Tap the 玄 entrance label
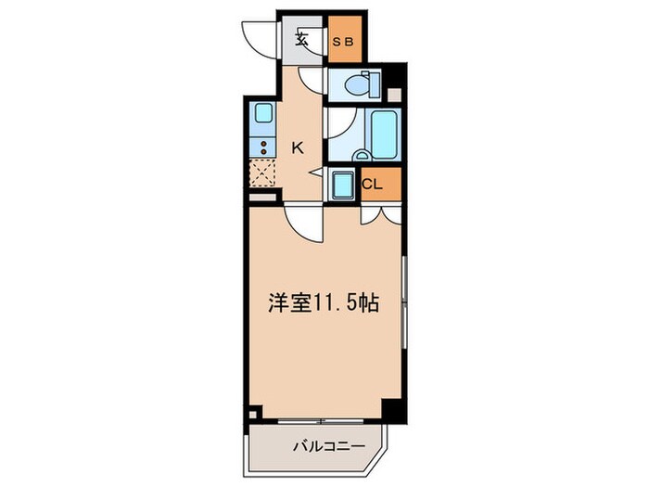(302, 38)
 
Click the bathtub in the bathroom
(383, 133)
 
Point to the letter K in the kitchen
(298, 146)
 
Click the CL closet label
(372, 184)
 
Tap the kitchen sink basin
(262, 117)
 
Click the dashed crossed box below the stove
(262, 173)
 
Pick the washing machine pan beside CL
(340, 185)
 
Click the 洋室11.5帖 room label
(323, 302)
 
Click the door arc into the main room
(304, 223)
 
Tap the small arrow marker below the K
(313, 170)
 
